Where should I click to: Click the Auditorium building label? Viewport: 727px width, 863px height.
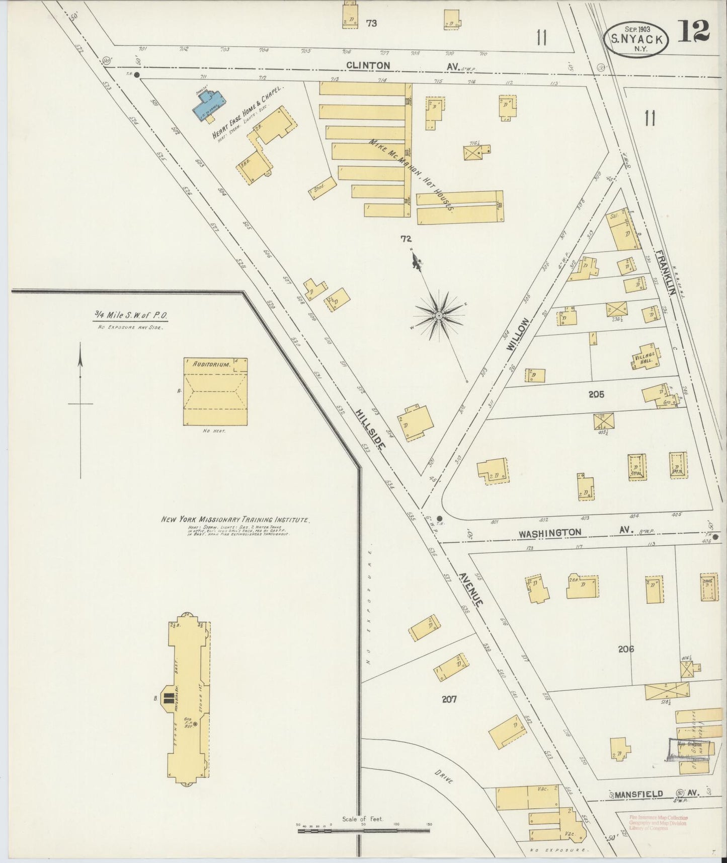click(x=210, y=365)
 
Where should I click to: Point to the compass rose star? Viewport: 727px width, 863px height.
click(x=439, y=315)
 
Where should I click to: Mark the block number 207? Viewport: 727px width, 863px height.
click(x=449, y=699)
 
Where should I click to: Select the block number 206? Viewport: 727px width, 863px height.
click(x=626, y=649)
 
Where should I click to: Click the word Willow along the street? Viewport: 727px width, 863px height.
click(x=519, y=333)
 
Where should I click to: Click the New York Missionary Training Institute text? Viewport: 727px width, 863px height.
click(x=234, y=520)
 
